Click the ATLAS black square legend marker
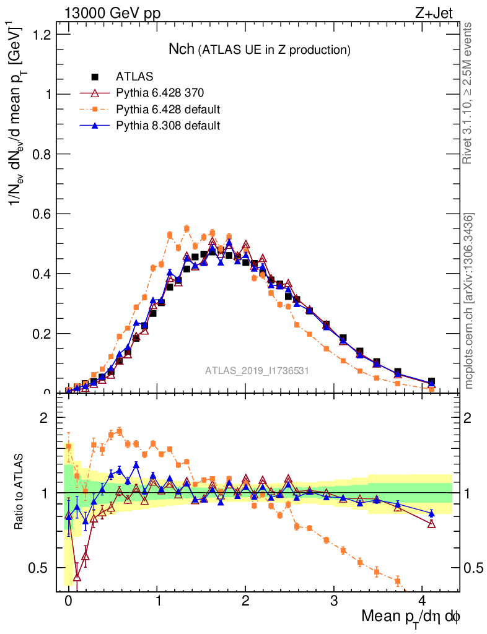(x=95, y=77)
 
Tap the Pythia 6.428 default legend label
(x=169, y=110)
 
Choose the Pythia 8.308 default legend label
(x=169, y=126)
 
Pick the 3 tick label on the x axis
(x=334, y=601)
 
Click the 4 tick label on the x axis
(x=422, y=601)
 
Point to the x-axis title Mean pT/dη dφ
(x=411, y=617)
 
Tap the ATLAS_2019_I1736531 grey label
(x=257, y=371)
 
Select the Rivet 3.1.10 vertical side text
(x=468, y=93)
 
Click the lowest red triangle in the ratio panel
(x=77, y=576)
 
